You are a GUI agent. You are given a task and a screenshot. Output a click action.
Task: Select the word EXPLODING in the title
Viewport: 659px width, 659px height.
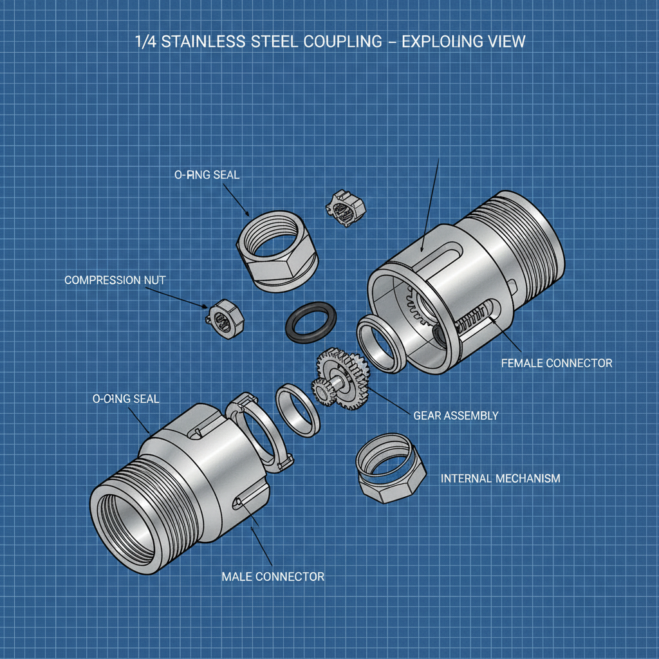click(443, 42)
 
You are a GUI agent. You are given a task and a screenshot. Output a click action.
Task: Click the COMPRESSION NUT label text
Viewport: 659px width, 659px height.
click(115, 280)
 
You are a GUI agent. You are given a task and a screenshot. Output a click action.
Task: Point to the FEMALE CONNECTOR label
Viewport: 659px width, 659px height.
click(557, 363)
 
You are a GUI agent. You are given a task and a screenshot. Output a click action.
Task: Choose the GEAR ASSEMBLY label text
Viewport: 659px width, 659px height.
click(456, 415)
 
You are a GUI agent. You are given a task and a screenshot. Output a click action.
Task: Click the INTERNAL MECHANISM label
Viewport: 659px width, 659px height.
click(500, 478)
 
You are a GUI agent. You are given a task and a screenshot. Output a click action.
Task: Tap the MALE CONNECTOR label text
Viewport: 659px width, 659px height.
click(273, 576)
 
